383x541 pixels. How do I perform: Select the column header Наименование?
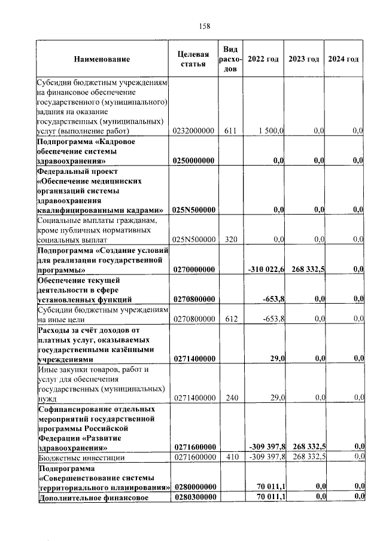[x=102, y=60]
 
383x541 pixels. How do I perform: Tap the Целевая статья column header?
[x=193, y=60]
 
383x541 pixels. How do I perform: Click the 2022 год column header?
[x=263, y=59]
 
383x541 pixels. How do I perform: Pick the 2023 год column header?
[x=303, y=59]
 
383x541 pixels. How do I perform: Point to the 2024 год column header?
[x=344, y=59]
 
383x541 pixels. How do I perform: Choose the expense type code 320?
[x=230, y=240]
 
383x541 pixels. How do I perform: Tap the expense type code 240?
[x=230, y=397]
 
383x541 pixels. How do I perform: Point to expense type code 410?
[x=230, y=457]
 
